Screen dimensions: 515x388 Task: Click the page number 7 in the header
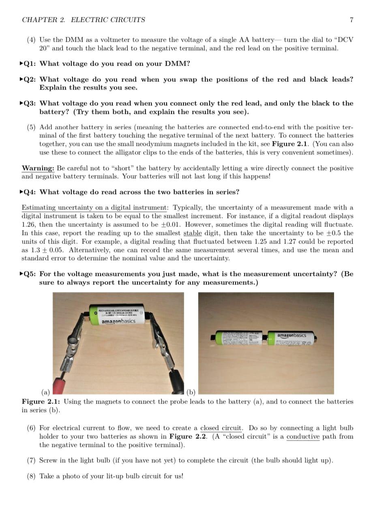click(351, 20)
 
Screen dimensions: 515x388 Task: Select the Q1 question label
click(29, 64)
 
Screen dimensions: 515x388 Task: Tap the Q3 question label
click(29, 103)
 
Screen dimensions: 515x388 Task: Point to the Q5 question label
click(29, 274)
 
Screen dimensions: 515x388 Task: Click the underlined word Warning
click(38, 168)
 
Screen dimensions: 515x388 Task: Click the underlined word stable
click(192, 233)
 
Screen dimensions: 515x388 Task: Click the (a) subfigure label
click(45, 392)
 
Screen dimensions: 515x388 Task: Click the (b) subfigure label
click(191, 392)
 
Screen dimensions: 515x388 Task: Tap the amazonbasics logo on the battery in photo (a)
click(118, 321)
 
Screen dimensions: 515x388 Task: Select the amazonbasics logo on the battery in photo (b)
click(292, 335)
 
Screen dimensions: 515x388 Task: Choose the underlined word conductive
click(303, 436)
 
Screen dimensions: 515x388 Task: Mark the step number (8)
click(31, 476)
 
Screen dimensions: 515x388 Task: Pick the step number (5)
click(31, 127)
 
